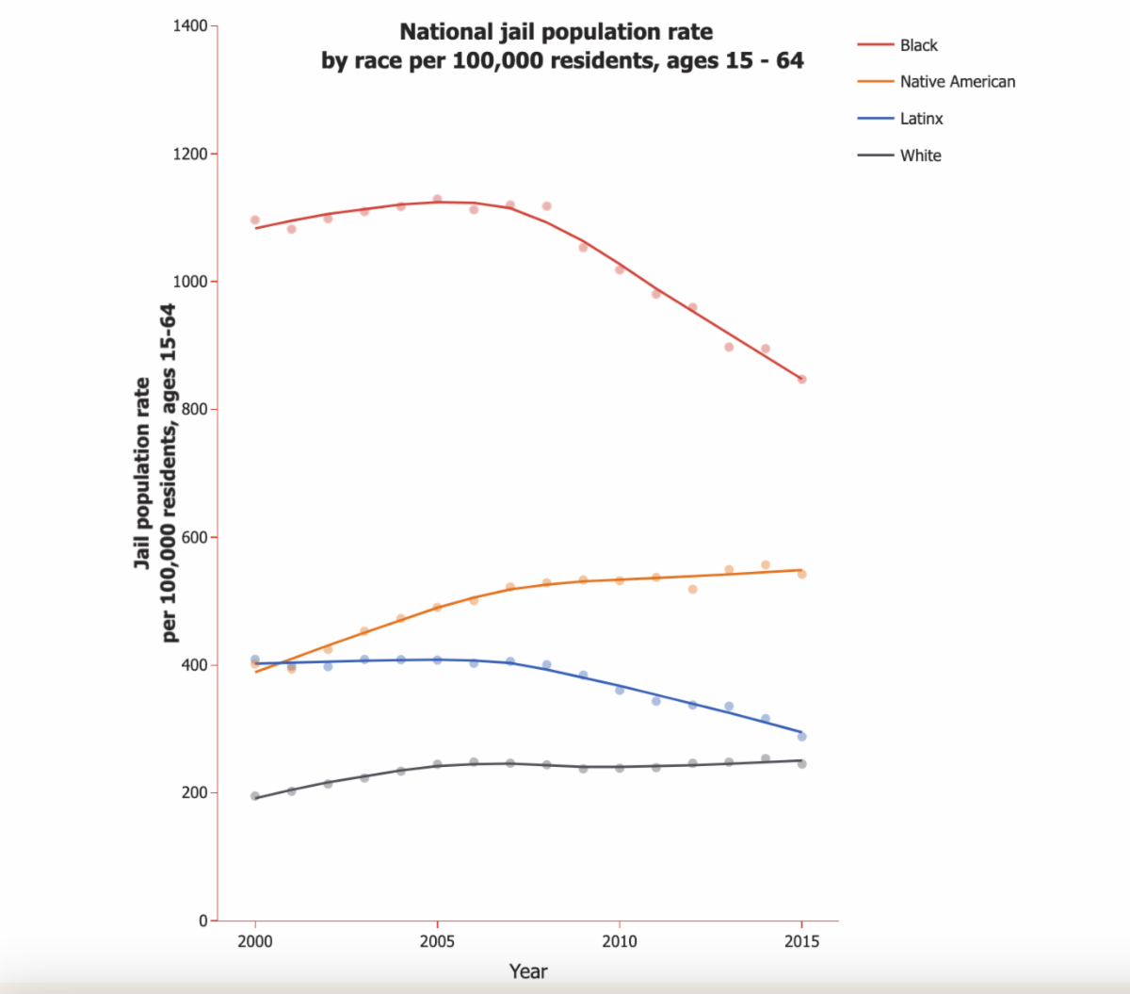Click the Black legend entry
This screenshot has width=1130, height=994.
tap(918, 45)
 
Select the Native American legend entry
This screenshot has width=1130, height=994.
tap(957, 82)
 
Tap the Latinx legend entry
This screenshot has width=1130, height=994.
tap(921, 119)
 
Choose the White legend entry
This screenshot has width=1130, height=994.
tap(920, 155)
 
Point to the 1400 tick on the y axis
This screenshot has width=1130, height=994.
tap(191, 26)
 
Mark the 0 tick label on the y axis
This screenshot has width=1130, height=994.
tap(202, 921)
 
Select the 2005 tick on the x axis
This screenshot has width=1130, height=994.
tap(437, 941)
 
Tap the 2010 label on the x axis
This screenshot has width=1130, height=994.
tap(619, 941)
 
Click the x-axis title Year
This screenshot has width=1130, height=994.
tap(527, 971)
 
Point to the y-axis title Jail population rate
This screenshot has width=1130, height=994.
tap(142, 473)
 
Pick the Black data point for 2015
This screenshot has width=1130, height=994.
tap(802, 380)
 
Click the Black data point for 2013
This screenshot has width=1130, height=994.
tap(729, 347)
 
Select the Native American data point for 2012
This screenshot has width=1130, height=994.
tap(692, 589)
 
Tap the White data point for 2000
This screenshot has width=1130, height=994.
tap(255, 796)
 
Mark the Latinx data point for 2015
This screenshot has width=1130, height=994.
tap(802, 737)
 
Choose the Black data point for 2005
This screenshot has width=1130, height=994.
tap(437, 199)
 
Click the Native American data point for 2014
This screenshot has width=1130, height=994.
tap(766, 565)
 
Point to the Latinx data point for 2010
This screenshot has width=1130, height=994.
tap(620, 691)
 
